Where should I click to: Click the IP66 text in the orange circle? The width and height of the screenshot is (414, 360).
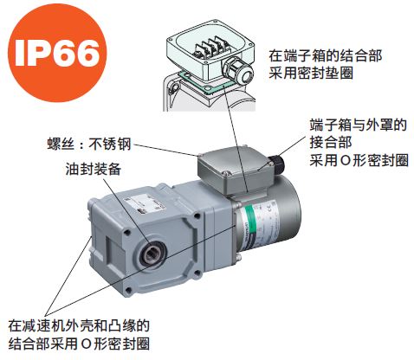pyautogui.click(x=57, y=53)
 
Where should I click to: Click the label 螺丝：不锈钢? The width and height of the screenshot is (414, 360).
pyautogui.click(x=89, y=144)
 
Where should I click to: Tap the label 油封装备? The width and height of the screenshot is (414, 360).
pyautogui.click(x=93, y=169)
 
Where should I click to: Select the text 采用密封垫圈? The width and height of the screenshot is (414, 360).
pyautogui.click(x=311, y=73)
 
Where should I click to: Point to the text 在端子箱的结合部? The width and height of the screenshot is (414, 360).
pyautogui.click(x=325, y=55)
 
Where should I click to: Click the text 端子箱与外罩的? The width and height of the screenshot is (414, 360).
pyautogui.click(x=358, y=125)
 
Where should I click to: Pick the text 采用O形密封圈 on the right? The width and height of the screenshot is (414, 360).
pyautogui.click(x=359, y=160)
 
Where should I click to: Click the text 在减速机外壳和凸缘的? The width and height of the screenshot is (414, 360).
pyautogui.click(x=79, y=325)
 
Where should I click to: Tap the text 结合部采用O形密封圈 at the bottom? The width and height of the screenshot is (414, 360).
pyautogui.click(x=79, y=344)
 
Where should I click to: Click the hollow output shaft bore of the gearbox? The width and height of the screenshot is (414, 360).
pyautogui.click(x=152, y=253)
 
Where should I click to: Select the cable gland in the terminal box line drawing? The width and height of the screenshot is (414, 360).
pyautogui.click(x=238, y=71)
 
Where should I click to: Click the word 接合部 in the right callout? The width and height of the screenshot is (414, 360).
pyautogui.click(x=331, y=143)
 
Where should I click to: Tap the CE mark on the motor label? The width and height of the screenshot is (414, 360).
pyautogui.click(x=269, y=208)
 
